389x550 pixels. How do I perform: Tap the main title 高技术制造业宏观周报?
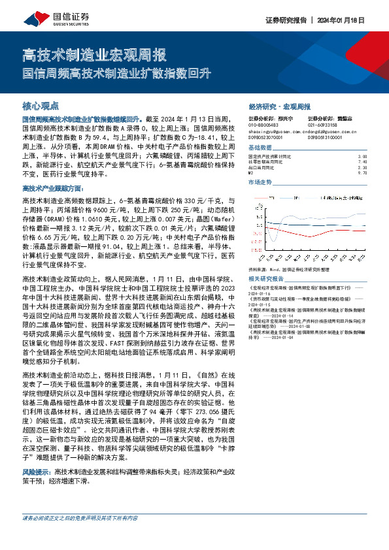(94, 56)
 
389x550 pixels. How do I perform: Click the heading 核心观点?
(41, 105)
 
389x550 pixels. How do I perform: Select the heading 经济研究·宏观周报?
(280, 105)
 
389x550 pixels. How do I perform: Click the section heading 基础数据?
(260, 148)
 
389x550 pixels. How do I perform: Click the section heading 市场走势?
(260, 183)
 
